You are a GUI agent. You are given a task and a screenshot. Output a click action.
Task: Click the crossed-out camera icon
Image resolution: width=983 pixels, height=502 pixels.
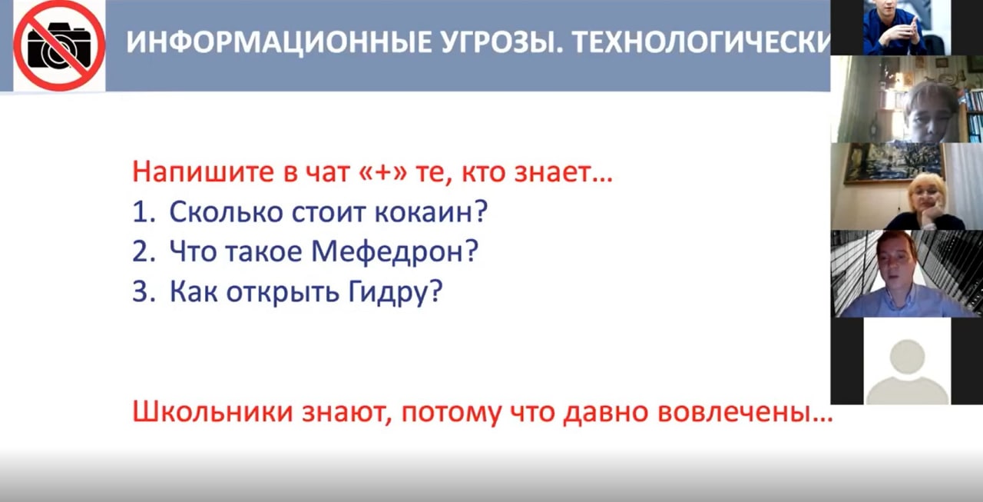pos(59,45)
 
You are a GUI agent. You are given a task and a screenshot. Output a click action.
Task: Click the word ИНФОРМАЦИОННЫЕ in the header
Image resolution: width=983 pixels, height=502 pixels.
pos(279,42)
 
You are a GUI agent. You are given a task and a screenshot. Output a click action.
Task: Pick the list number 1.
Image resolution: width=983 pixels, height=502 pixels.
pos(143,211)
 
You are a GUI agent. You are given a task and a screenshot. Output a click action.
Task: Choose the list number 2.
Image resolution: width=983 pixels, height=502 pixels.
pos(144,251)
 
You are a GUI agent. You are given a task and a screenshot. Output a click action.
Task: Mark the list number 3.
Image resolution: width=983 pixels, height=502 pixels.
pos(144,291)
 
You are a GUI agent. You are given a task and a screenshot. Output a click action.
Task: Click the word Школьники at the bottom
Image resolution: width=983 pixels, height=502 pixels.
pos(213,412)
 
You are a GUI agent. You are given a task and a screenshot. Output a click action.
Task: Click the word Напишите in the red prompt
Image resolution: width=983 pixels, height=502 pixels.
pos(204,172)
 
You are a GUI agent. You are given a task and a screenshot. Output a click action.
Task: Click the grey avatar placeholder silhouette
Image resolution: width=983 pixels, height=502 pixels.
pos(907,371)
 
